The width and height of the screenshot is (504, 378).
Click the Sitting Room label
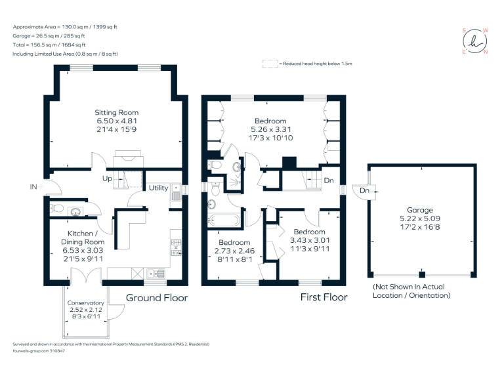point(117,112)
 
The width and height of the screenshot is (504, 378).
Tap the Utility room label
point(158,188)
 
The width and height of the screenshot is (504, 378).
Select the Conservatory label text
point(86,303)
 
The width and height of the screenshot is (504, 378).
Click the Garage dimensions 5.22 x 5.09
point(422,217)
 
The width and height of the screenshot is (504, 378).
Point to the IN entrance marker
point(33,187)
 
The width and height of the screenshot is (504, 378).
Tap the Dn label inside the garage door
point(365,191)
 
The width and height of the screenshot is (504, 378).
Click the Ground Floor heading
point(157,298)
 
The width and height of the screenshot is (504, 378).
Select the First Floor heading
point(324,297)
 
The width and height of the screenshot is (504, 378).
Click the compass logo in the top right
point(475,41)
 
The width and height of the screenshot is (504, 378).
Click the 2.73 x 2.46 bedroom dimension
point(234,251)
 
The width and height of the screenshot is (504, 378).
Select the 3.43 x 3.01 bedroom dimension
point(309,240)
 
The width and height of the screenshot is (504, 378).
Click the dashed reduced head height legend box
point(269,64)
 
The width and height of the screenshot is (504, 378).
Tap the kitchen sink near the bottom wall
point(154,273)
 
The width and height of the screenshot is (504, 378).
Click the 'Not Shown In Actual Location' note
point(411,291)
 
